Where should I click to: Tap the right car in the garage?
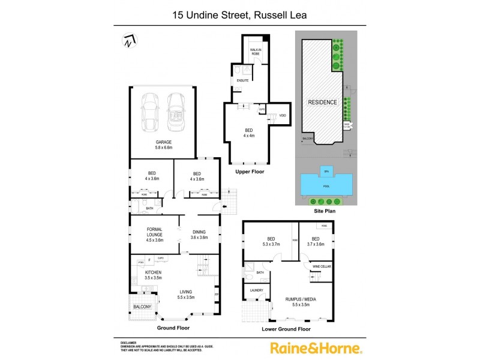tap(176, 112)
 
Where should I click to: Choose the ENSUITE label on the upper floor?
tap(242, 80)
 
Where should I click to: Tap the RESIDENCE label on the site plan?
tap(322, 103)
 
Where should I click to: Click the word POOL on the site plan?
tap(326, 187)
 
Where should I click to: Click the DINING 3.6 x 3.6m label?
tap(200, 235)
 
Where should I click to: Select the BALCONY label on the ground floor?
tap(142, 307)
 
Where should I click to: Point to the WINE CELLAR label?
tap(322, 266)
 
